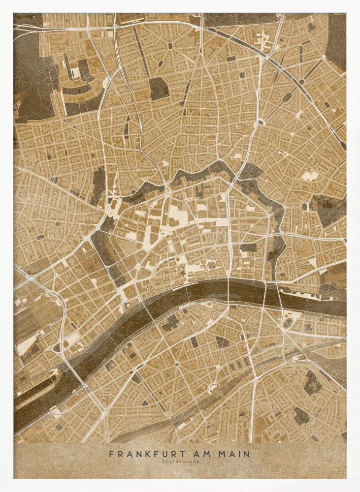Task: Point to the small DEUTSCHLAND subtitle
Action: tap(180, 461)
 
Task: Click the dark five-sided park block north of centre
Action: tap(159, 89)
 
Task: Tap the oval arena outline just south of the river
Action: tap(288, 323)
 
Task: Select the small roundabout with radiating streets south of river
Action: tap(176, 365)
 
